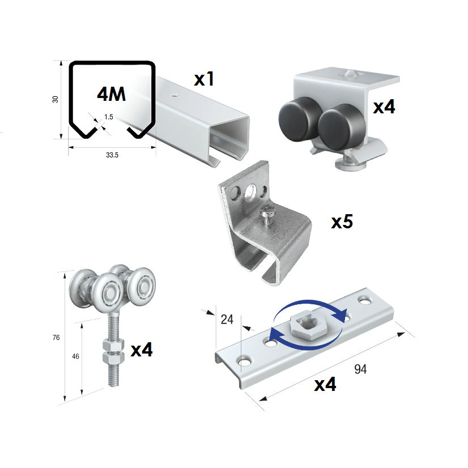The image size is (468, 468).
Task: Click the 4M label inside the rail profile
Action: (111, 94)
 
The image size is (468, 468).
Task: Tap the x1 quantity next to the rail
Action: (204, 79)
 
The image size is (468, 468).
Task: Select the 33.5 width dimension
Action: (112, 155)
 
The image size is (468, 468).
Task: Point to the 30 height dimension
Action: (55, 99)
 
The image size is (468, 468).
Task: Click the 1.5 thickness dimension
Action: (109, 117)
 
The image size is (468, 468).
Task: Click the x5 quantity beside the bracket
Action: (342, 222)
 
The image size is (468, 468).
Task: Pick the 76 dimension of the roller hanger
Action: (56, 338)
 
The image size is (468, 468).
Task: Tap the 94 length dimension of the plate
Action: (360, 369)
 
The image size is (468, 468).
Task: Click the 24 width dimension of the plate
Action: (227, 320)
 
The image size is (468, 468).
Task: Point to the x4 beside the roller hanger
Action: (142, 350)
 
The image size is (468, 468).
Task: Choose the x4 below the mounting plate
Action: (325, 385)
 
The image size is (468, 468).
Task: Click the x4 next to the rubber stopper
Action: (384, 106)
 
